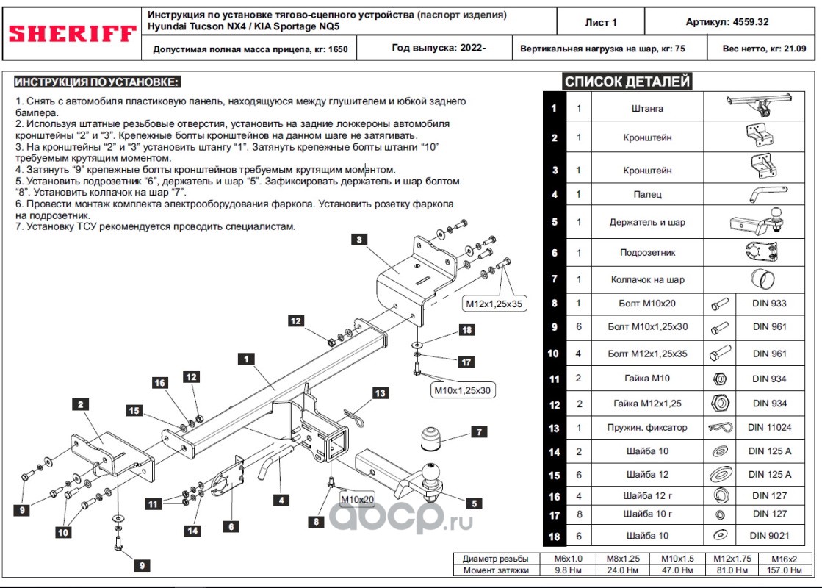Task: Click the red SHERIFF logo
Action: (72, 34)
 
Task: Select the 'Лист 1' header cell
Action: (601, 22)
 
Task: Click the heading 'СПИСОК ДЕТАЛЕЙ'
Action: (627, 82)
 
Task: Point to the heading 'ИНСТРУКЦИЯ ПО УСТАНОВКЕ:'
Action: (97, 82)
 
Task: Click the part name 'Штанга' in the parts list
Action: (647, 109)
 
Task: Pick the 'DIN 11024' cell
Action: (769, 428)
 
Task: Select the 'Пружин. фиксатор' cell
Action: (647, 428)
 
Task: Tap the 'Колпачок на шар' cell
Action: (647, 279)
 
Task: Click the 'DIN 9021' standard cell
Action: (769, 536)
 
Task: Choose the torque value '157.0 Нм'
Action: (785, 570)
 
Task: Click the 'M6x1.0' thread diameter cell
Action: (569, 559)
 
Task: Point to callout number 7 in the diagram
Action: (479, 431)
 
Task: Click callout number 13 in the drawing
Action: (380, 393)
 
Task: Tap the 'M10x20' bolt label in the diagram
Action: (358, 499)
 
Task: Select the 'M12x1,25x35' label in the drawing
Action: (494, 304)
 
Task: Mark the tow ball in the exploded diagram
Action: (431, 473)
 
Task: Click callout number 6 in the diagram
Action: (231, 526)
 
